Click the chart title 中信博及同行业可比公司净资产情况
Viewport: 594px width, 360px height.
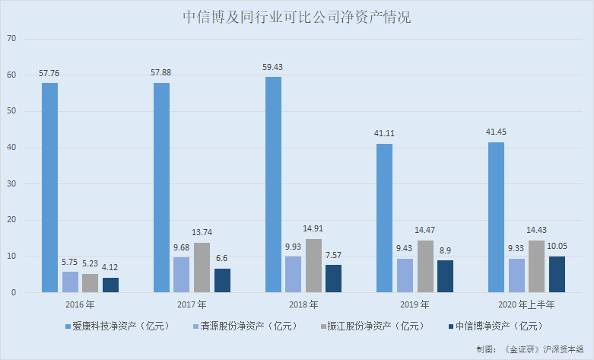(x=297, y=18)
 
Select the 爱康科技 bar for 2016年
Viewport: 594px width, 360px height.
(x=49, y=187)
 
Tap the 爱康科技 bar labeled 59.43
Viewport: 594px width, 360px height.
(x=273, y=184)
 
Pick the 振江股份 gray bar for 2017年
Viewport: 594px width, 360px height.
(x=202, y=267)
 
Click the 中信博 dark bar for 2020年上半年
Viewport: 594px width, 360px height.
(x=557, y=274)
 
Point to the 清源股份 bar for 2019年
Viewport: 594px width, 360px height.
(x=405, y=276)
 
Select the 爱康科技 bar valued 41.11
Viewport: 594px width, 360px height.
(x=385, y=218)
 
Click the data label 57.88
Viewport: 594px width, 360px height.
(x=161, y=72)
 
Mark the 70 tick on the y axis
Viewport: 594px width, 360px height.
(x=11, y=39)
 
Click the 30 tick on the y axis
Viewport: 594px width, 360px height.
(x=11, y=183)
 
